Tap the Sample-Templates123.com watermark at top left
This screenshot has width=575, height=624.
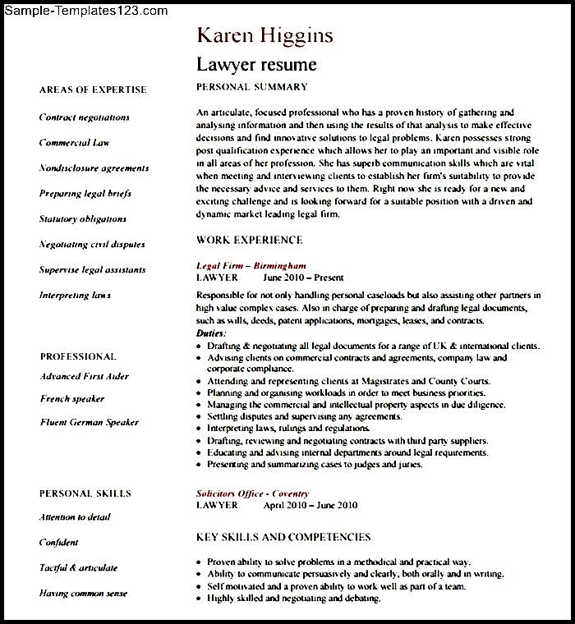point(85,11)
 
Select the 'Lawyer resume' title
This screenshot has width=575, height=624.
point(255,64)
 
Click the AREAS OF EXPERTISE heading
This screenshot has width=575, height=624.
point(93,90)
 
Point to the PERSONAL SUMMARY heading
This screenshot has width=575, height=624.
point(251,87)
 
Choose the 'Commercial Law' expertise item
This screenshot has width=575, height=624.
point(74,143)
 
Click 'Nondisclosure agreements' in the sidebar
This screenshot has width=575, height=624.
point(94,168)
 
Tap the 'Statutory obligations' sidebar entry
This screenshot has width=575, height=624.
point(83,219)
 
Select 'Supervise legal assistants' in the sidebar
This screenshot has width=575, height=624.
point(92,270)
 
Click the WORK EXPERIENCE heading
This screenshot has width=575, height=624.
point(250,241)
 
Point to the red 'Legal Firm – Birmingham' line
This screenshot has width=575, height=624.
point(251,266)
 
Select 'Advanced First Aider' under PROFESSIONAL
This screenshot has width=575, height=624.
point(84,377)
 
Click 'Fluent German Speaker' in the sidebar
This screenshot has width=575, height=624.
point(89,423)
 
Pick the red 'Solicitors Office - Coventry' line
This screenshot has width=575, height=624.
point(252,493)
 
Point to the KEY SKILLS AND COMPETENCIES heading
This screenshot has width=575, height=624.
point(283,538)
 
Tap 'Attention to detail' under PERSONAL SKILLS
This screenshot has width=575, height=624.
point(75,518)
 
